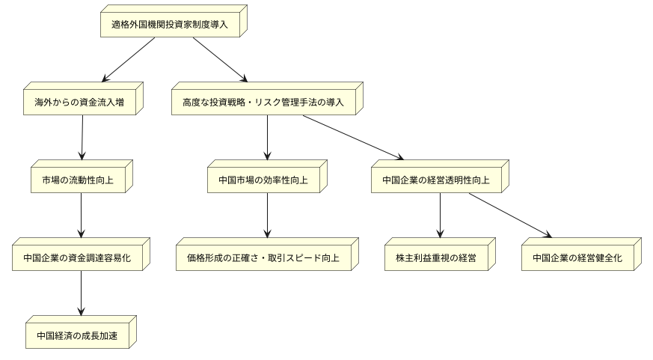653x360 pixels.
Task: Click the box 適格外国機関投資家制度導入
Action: [170, 24]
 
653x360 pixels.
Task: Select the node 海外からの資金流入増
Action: [79, 103]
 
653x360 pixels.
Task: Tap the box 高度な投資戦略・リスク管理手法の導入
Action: [263, 103]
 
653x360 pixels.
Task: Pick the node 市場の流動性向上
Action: [79, 180]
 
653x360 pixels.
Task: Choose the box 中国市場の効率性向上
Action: [263, 180]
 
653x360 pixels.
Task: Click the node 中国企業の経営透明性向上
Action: [436, 180]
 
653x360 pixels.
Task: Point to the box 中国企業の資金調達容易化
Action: [79, 258]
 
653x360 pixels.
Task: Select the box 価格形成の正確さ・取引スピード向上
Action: [263, 258]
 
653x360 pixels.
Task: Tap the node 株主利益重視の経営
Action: [436, 258]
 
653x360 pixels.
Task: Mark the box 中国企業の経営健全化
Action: [577, 258]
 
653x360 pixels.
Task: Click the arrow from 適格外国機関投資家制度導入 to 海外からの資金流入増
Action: [129, 58]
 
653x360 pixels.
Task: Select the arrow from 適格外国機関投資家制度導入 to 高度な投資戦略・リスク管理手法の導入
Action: [219, 58]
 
